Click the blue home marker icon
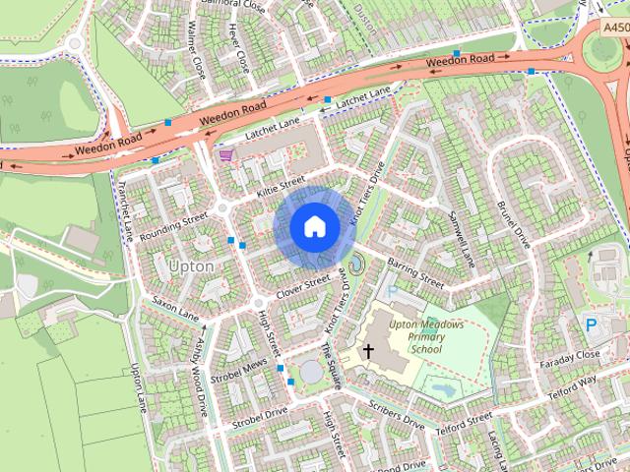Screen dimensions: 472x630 click(x=314, y=227)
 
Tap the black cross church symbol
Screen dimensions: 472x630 click(x=369, y=351)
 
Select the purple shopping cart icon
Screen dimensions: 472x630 click(x=227, y=154)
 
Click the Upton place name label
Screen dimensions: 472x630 click(x=190, y=265)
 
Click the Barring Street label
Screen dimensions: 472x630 click(x=416, y=272)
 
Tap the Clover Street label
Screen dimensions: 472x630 click(x=302, y=288)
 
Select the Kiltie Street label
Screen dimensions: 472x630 click(x=282, y=185)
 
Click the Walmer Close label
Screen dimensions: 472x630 click(x=194, y=55)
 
